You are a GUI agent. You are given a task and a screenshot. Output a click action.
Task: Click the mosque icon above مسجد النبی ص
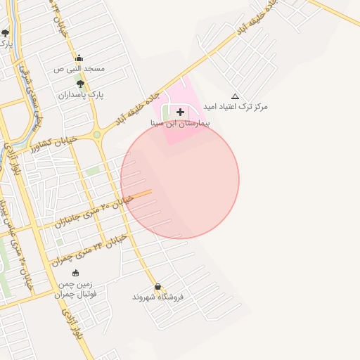click(79, 58)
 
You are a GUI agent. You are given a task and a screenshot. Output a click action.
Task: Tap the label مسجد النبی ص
click(79, 69)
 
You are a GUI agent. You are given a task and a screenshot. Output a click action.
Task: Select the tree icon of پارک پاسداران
click(80, 84)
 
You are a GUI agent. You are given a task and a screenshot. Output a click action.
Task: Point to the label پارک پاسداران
click(80, 94)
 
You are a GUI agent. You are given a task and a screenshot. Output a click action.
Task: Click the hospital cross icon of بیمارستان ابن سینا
click(181, 112)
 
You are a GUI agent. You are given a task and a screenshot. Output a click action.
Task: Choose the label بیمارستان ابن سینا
click(181, 122)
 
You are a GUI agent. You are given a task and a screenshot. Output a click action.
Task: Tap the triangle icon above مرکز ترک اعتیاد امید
click(235, 96)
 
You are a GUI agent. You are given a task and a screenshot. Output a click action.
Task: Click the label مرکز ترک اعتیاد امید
click(235, 107)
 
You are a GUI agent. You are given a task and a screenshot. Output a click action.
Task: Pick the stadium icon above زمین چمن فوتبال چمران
click(75, 273)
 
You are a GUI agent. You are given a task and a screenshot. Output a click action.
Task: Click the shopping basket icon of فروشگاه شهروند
click(158, 287)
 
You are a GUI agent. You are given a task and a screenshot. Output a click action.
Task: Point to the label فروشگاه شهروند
click(157, 297)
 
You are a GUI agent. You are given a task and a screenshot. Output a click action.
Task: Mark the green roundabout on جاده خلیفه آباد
click(96, 134)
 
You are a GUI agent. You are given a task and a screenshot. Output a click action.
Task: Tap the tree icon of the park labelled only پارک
click(5, 32)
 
